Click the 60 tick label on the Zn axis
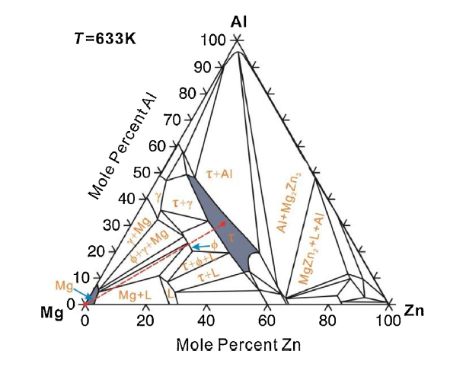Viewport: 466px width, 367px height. tap(267, 321)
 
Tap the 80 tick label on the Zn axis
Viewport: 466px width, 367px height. tap(327, 321)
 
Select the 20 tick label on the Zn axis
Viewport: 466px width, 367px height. tap(145, 321)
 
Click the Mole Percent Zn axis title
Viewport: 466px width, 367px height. tap(238, 344)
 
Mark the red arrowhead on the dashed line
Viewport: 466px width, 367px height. tap(222, 224)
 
